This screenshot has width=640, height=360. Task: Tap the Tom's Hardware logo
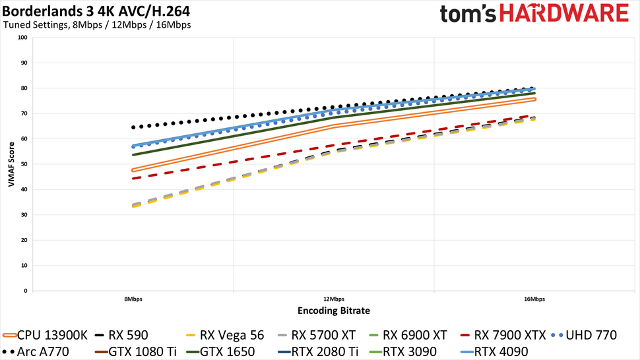(x=534, y=15)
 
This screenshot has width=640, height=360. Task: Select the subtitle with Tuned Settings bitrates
(x=98, y=26)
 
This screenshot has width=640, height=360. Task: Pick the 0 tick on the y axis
(x=26, y=291)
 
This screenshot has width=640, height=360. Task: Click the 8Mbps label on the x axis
(x=133, y=299)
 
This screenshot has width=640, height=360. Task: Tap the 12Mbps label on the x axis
(x=333, y=299)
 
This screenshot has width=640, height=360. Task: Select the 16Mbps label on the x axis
(x=534, y=299)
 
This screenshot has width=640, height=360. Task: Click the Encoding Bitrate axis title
(x=333, y=311)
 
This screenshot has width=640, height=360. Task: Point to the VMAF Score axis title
(x=11, y=164)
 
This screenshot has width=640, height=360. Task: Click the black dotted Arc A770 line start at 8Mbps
(x=133, y=127)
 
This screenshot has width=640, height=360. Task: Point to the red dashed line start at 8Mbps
(x=133, y=178)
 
